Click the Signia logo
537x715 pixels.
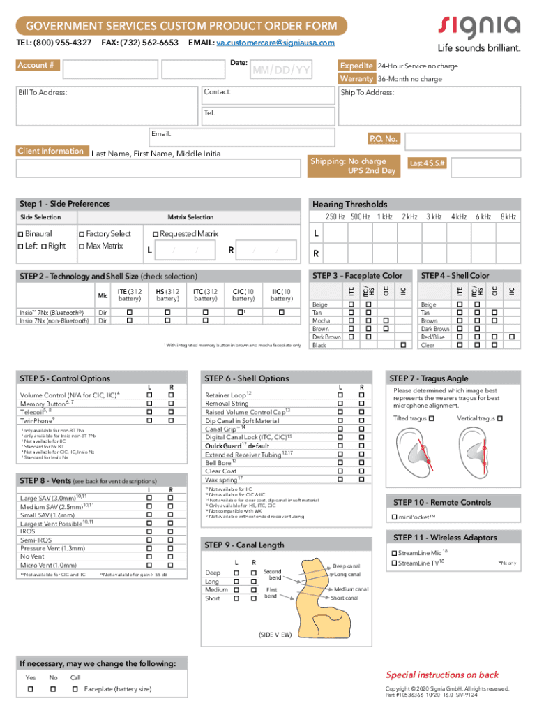tap(479, 28)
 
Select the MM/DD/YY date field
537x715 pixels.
tap(281, 71)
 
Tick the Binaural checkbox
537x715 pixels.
tap(21, 234)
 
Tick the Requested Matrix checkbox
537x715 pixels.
tap(155, 234)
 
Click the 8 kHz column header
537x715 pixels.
tap(508, 217)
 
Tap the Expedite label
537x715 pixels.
tap(356, 66)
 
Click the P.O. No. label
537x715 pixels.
tap(383, 139)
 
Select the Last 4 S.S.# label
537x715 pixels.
tap(427, 163)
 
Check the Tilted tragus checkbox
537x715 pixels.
tap(432, 418)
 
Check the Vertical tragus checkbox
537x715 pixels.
tap(499, 418)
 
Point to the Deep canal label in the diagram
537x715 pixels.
tap(346, 566)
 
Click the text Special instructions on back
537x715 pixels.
tap(442, 675)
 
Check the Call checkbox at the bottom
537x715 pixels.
tap(75, 689)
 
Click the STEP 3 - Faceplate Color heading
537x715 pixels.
tap(358, 276)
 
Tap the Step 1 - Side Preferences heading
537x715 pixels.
tap(65, 204)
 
